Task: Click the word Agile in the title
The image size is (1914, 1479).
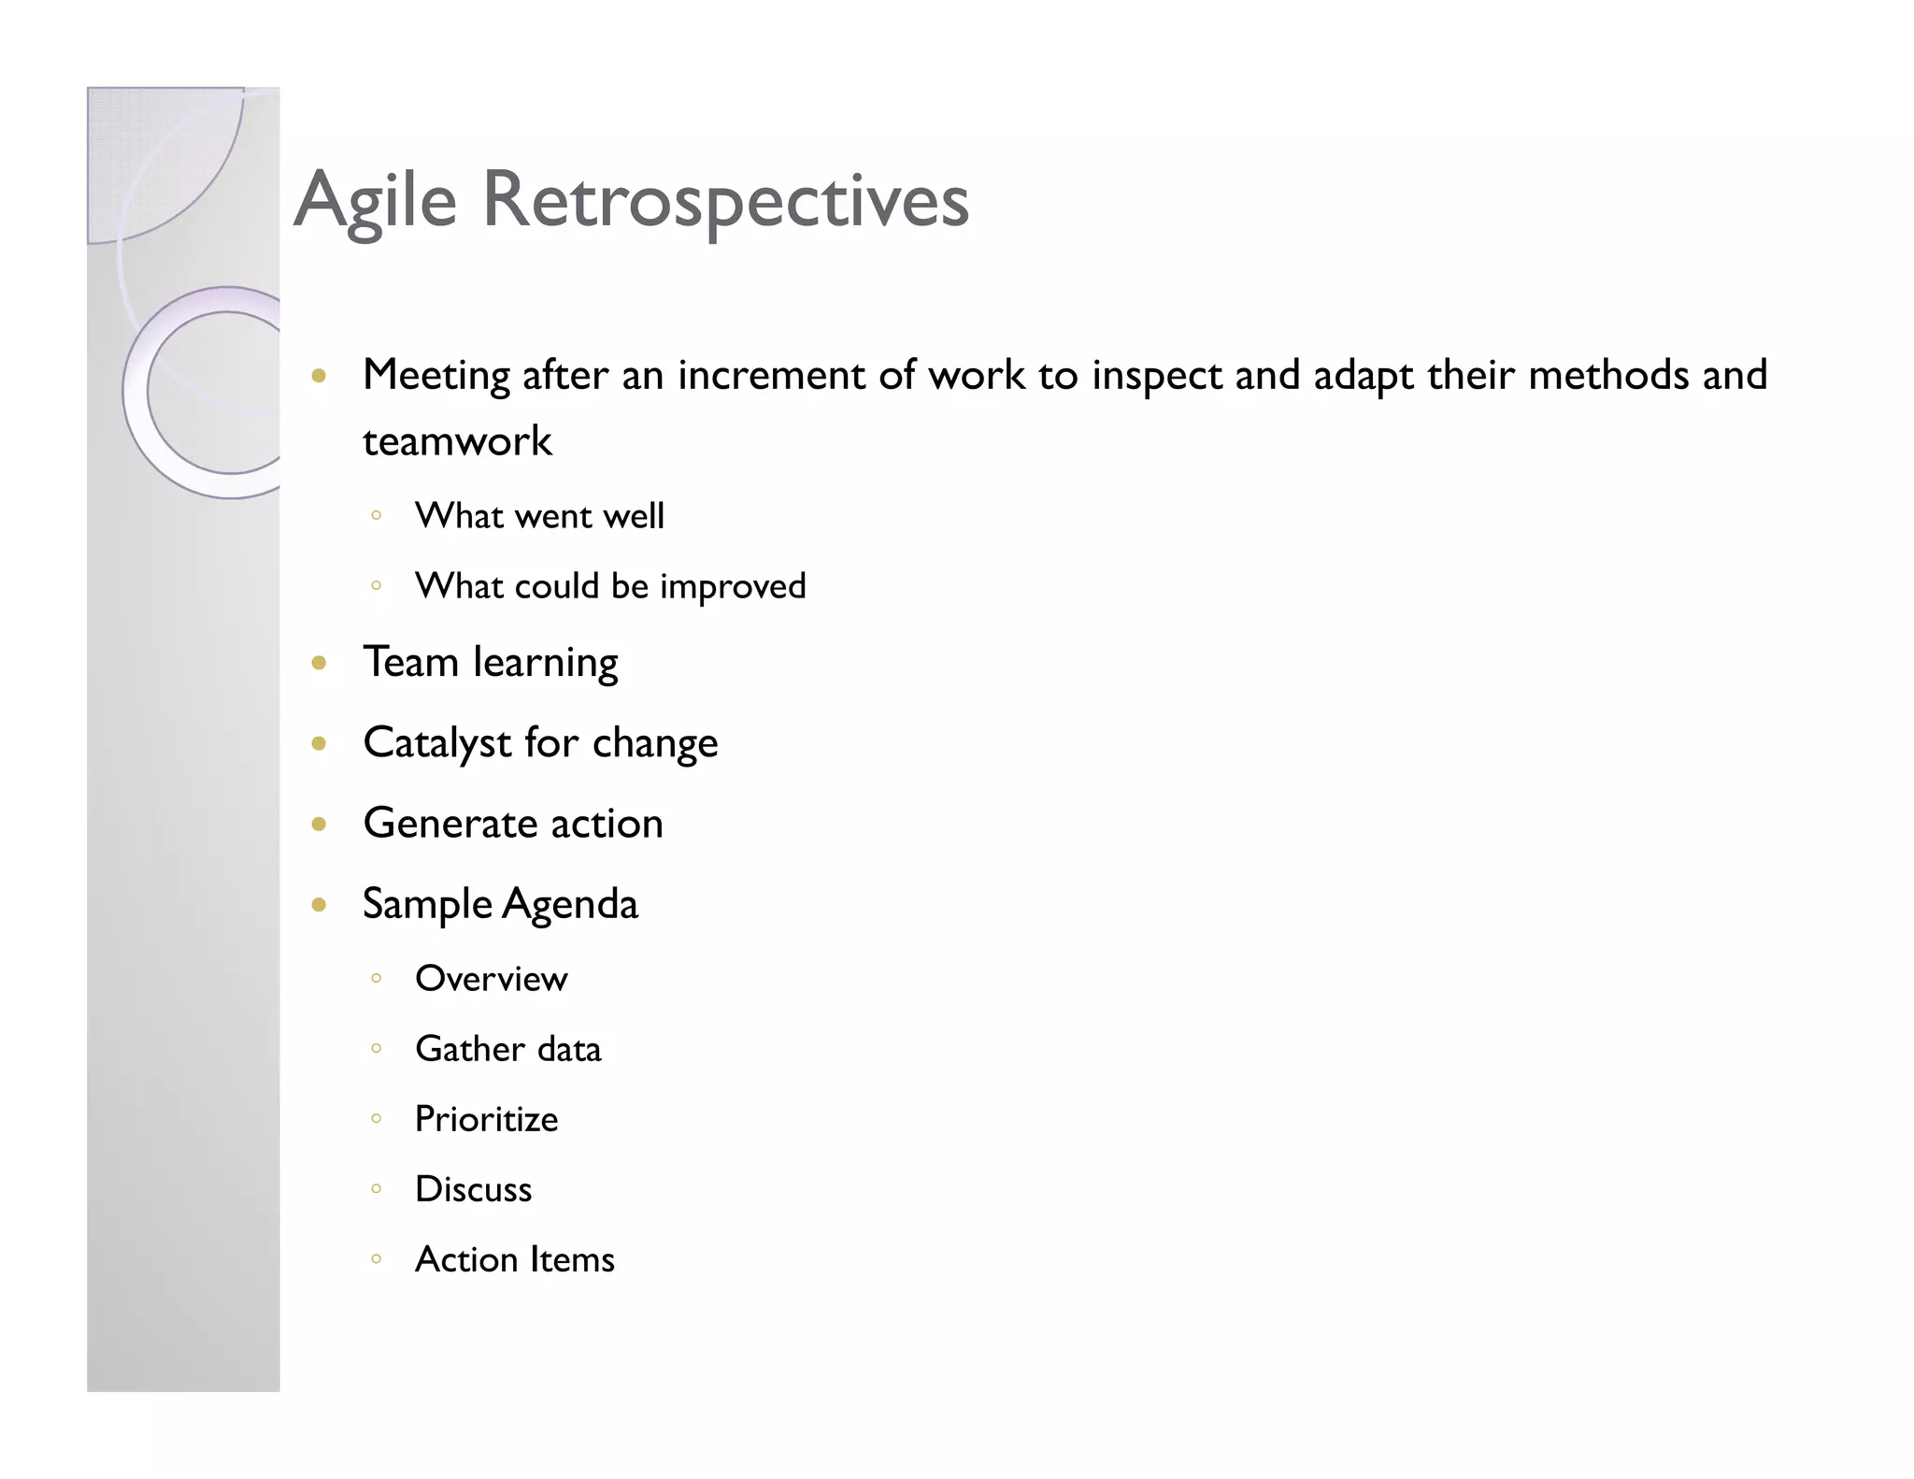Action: pos(376,201)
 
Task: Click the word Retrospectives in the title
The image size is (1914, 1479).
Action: pos(725,201)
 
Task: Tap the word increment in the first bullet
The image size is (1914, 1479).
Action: pos(772,375)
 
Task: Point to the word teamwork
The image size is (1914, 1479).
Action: pos(457,441)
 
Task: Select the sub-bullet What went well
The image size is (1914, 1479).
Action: pos(539,516)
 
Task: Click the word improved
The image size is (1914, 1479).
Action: pos(733,587)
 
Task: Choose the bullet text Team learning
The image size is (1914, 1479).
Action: pos(491,663)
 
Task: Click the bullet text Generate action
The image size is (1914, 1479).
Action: pos(513,824)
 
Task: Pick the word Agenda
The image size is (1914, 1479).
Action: pos(570,904)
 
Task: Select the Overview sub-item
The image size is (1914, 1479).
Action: pos(491,979)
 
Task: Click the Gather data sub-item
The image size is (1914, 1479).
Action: pos(507,1049)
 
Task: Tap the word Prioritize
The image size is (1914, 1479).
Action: pos(486,1119)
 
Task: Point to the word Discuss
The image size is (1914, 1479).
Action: pos(473,1189)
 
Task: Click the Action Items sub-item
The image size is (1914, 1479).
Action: pos(514,1259)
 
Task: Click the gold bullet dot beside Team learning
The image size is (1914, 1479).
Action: pos(319,664)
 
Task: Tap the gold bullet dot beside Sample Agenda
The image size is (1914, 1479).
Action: pos(319,904)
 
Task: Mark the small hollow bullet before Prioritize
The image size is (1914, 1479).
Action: pos(376,1118)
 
